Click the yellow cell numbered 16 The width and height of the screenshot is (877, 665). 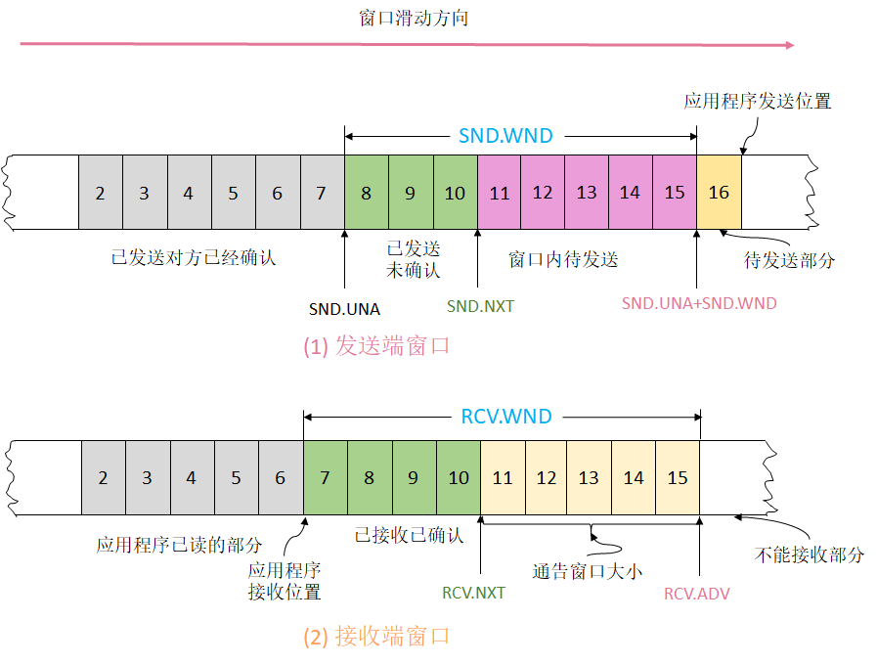click(x=719, y=192)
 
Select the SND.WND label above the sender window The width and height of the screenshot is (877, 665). click(x=505, y=136)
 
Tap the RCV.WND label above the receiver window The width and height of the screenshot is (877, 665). click(x=505, y=417)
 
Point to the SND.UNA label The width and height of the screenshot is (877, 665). click(x=344, y=309)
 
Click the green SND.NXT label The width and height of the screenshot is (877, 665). click(x=480, y=306)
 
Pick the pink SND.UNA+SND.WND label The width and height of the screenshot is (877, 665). click(x=699, y=303)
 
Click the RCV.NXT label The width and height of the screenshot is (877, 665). click(x=474, y=593)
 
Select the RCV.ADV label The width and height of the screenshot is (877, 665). click(x=697, y=593)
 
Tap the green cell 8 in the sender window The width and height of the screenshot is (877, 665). click(x=366, y=193)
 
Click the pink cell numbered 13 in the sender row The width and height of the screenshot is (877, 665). click(x=587, y=193)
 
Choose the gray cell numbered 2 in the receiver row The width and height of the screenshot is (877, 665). click(x=103, y=478)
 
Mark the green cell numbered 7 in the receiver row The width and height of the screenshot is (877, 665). click(x=325, y=478)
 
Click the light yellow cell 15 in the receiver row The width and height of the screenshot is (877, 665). click(x=678, y=478)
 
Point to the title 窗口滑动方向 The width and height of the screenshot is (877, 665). click(x=414, y=18)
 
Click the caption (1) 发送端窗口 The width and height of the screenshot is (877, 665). click(x=375, y=346)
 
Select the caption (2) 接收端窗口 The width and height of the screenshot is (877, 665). click(x=375, y=637)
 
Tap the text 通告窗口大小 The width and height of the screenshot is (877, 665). click(x=587, y=572)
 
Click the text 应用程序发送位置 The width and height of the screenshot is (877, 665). click(x=758, y=101)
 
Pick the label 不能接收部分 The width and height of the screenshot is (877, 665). click(x=810, y=554)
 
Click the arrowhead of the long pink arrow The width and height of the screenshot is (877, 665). click(x=790, y=44)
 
